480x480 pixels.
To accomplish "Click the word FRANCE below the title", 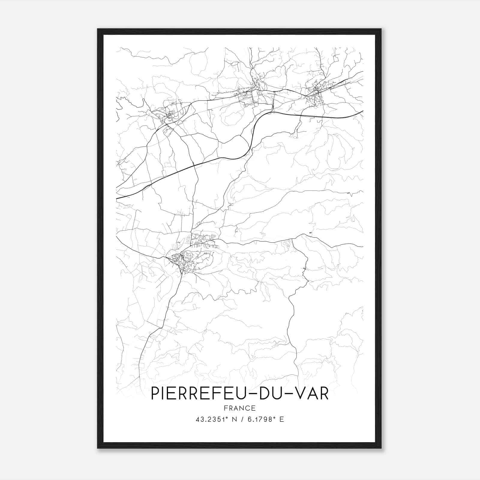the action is click(240, 408).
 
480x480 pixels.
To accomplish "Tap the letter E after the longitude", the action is click(281, 419).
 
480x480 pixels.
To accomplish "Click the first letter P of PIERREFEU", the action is click(155, 394).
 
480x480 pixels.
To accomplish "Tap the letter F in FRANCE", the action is click(225, 408).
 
